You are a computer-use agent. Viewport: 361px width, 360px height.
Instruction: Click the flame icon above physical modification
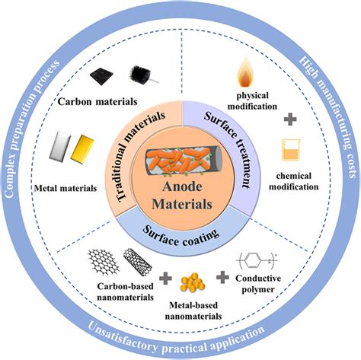pos(246,72)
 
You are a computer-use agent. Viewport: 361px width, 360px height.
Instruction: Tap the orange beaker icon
pos(291,150)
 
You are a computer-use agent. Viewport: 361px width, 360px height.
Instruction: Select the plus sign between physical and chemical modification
pos(290,119)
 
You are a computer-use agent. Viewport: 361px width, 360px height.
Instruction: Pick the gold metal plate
pos(82,149)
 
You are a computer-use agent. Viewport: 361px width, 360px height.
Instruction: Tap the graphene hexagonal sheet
pos(104,262)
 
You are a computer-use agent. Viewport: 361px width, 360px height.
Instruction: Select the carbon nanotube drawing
pos(138,262)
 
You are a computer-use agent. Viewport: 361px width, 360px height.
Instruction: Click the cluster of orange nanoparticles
pos(193,282)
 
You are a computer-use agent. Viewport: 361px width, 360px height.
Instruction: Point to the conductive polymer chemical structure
pos(257,260)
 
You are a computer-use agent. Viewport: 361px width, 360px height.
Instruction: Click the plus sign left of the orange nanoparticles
pos(165,278)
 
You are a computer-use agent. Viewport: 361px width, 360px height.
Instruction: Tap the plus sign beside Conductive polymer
pos(222,277)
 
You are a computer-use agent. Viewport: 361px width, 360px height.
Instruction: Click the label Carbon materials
pos(97,102)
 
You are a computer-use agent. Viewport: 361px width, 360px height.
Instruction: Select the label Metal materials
pos(65,188)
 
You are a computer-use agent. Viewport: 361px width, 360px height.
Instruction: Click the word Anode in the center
pos(182,186)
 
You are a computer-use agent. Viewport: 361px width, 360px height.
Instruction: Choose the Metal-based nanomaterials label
pos(193,311)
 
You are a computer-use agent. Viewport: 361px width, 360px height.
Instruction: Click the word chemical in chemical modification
pos(294,176)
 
